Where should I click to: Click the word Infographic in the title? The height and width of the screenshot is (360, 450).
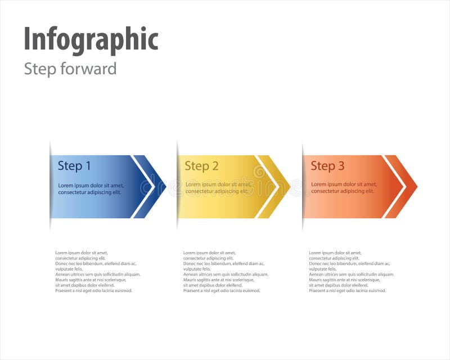[x=91, y=39]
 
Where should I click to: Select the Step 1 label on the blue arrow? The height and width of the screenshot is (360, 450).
[x=74, y=166]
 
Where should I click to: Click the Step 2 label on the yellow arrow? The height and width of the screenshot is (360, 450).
[x=201, y=166]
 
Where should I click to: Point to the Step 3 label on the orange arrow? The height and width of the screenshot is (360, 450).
[x=327, y=166]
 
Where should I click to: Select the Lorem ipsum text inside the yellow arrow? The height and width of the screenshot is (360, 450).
[x=218, y=188]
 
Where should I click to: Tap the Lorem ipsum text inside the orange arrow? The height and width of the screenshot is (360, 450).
[x=344, y=188]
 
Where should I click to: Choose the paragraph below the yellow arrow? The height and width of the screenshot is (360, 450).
[x=226, y=272]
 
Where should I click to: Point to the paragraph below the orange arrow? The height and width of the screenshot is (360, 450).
[x=351, y=272]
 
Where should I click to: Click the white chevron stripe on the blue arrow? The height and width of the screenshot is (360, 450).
[x=143, y=187]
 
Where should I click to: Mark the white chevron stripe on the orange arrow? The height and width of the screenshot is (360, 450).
[x=394, y=187]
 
